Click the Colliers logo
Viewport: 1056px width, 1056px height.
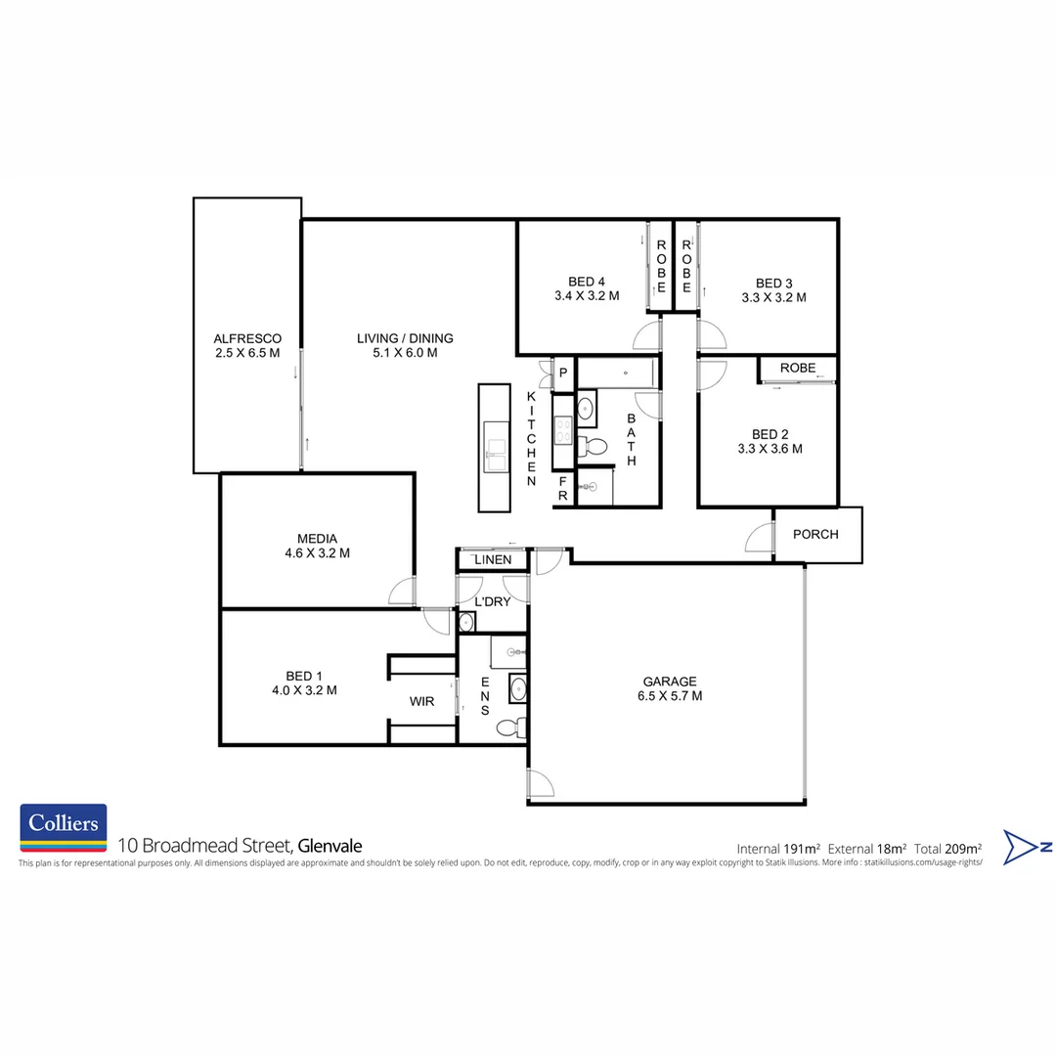tap(64, 826)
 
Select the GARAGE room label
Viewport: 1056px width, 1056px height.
tap(670, 682)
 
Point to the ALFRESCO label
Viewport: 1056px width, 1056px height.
tap(247, 338)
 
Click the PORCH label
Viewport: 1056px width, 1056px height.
tap(815, 534)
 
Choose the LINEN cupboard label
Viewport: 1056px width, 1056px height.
tap(492, 559)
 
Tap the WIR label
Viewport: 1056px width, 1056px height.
tap(421, 701)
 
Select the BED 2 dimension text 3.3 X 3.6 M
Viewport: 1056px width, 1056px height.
tap(770, 449)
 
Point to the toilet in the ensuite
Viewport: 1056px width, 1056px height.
tap(510, 727)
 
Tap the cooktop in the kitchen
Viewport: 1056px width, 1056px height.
tap(563, 430)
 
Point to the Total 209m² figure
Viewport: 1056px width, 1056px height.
tap(947, 848)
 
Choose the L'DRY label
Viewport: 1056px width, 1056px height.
tap(492, 602)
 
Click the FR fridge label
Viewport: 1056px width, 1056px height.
tap(563, 488)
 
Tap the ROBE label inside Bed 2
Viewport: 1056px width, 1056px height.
tap(798, 368)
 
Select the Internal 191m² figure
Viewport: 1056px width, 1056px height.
tap(778, 848)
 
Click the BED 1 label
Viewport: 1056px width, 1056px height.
tap(303, 676)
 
